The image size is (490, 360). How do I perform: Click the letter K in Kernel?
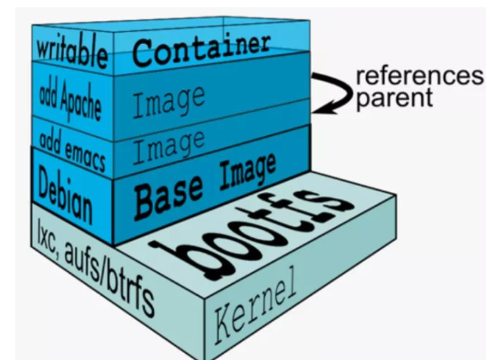tap(224, 324)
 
